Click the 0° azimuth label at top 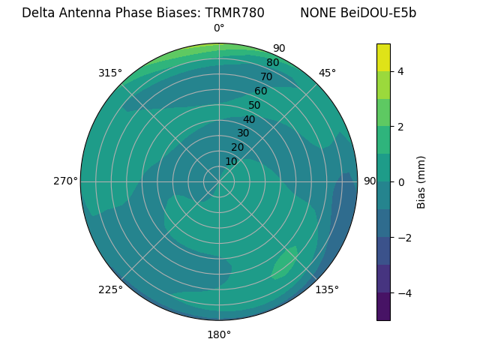pos(219,28)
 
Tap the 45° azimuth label pos(327,73)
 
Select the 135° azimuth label pos(327,289)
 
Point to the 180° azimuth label pos(219,334)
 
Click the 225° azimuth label pos(110,289)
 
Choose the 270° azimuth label pos(66,181)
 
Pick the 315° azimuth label pos(110,73)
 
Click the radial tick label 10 pos(231,161)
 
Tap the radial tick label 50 pos(254,105)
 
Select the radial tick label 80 pos(272,62)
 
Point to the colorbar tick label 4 pos(401,71)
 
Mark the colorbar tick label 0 pos(401,182)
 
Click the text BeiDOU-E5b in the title pos(379,13)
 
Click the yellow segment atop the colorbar pos(383,57)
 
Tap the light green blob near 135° pos(285,263)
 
